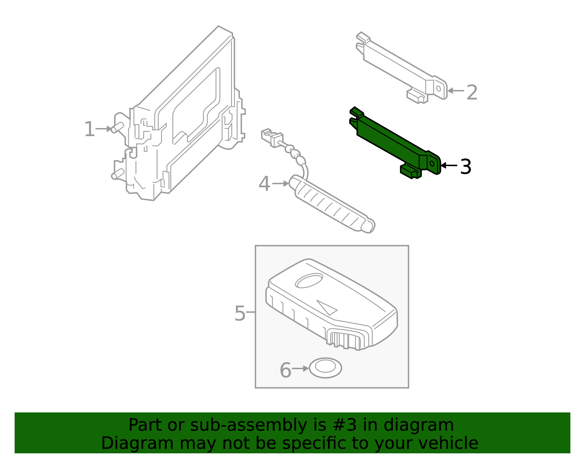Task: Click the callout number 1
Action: [x=89, y=130]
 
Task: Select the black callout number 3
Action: [x=465, y=167]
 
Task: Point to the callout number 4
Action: [x=264, y=184]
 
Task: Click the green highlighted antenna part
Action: [x=391, y=141]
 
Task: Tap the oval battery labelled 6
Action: [x=325, y=368]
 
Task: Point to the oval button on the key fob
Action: [x=309, y=281]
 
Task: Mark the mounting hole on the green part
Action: [x=432, y=164]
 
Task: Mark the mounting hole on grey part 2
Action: [x=438, y=88]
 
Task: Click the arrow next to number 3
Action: [x=449, y=165]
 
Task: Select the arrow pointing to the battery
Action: [x=301, y=368]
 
